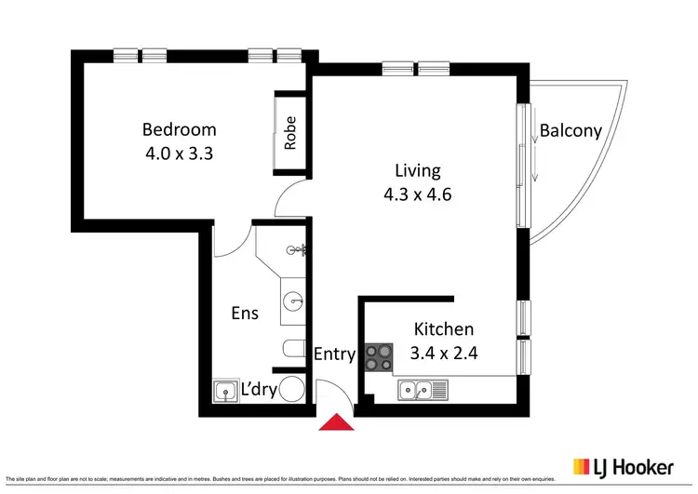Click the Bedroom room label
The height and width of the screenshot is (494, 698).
[x=179, y=129]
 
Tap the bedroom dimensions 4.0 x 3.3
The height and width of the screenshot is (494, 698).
[x=179, y=154]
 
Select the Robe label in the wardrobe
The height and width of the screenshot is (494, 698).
[x=290, y=132]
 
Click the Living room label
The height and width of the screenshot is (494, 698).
[x=418, y=170]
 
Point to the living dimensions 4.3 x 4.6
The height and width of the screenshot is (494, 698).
[x=418, y=194]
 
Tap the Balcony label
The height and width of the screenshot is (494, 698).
[x=570, y=130]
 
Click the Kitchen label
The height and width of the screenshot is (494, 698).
[x=444, y=328]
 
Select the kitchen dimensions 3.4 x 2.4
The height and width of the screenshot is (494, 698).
[x=444, y=353]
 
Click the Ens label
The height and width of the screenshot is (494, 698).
[x=245, y=314]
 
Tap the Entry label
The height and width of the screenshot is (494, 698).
[x=334, y=354]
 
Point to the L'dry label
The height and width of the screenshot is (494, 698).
[x=259, y=390]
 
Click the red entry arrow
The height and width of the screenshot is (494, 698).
[x=337, y=423]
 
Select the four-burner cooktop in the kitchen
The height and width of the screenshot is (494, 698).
[x=379, y=356]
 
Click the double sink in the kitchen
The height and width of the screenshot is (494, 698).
[x=423, y=390]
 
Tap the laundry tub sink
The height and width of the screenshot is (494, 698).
[x=225, y=391]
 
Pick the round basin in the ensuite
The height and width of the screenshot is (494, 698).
[x=294, y=300]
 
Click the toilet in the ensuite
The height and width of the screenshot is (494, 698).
[x=292, y=349]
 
